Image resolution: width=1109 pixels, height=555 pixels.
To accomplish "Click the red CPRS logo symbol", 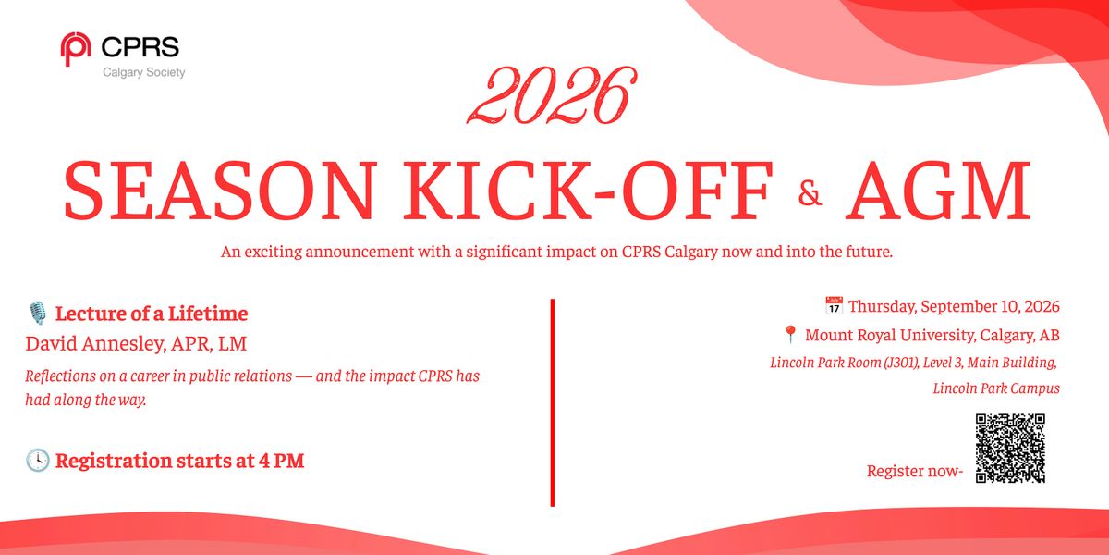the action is click(75, 48).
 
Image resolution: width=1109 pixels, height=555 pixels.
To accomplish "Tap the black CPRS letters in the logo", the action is click(140, 47).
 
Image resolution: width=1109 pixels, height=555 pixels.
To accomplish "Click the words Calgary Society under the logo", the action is click(143, 73).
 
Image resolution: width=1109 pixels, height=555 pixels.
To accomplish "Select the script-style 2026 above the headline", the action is click(552, 95).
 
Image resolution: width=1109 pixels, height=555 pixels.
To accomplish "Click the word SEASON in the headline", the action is click(219, 191).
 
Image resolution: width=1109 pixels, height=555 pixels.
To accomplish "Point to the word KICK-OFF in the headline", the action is click(588, 191).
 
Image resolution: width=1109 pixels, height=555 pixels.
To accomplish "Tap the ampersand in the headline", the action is click(810, 193).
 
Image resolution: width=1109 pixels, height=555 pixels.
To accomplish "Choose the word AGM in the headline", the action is click(938, 191).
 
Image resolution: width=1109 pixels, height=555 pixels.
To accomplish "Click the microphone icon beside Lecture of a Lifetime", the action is click(38, 314).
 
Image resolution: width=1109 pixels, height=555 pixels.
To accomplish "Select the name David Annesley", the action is click(94, 343).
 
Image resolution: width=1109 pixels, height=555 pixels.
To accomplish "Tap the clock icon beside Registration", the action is click(38, 461).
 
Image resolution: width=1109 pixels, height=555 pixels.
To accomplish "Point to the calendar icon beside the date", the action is click(835, 306).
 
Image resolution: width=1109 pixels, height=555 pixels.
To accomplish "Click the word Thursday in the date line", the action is click(883, 307).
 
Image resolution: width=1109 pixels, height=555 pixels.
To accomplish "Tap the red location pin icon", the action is click(791, 335).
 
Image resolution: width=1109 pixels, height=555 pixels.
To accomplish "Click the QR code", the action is click(1010, 448).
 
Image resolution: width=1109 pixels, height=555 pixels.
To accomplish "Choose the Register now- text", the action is click(915, 471).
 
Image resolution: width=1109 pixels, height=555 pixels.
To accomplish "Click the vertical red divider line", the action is click(553, 402).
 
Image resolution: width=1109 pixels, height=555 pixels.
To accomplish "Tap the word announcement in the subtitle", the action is click(360, 252).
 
